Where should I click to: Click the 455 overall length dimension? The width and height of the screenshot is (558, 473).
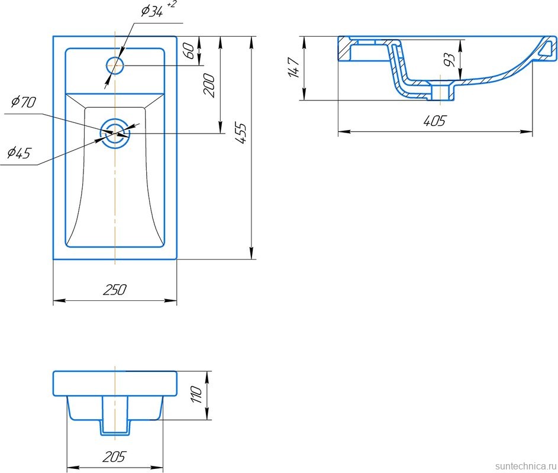241,133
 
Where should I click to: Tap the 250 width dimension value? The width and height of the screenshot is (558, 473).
115,290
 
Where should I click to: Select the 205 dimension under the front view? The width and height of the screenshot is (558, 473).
115,456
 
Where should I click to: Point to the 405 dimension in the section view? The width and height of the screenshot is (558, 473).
434,121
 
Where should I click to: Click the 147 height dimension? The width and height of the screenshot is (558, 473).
294,67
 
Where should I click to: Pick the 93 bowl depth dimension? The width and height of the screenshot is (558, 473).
450,60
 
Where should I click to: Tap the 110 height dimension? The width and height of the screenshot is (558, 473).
196,394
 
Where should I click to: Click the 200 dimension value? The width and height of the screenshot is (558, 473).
209,85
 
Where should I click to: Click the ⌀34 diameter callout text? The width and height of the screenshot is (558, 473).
152,12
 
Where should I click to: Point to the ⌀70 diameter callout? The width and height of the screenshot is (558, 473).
24,102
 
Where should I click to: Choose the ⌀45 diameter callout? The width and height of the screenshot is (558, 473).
19,153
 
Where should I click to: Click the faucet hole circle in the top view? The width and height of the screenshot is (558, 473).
115,66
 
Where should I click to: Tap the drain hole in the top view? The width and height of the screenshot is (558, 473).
115,134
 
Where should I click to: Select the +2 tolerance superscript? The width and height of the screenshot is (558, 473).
171,5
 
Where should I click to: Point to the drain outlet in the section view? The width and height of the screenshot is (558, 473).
441,92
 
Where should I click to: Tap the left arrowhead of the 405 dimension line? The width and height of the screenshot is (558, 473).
343,132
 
